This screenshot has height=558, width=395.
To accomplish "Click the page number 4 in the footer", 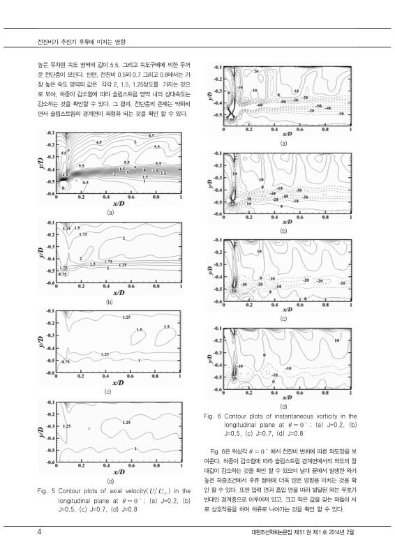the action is [40, 534].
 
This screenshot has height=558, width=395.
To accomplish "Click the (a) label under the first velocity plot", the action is [109, 211].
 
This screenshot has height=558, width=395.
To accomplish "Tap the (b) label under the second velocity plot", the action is [109, 302].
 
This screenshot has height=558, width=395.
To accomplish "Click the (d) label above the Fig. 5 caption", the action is [109, 482].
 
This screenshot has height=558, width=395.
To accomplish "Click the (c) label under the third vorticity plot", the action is [283, 319].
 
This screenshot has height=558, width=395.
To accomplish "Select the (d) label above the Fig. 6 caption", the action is [283, 406].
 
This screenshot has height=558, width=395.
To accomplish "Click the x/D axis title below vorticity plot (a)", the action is [283, 133].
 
